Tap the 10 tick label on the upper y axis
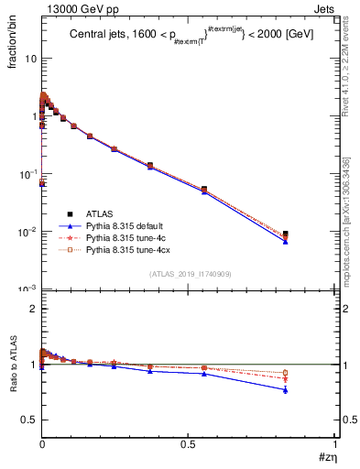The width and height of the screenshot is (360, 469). pos(30,59)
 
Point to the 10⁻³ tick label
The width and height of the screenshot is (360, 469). pos(27,289)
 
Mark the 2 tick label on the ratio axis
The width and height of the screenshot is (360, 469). pos(33,309)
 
